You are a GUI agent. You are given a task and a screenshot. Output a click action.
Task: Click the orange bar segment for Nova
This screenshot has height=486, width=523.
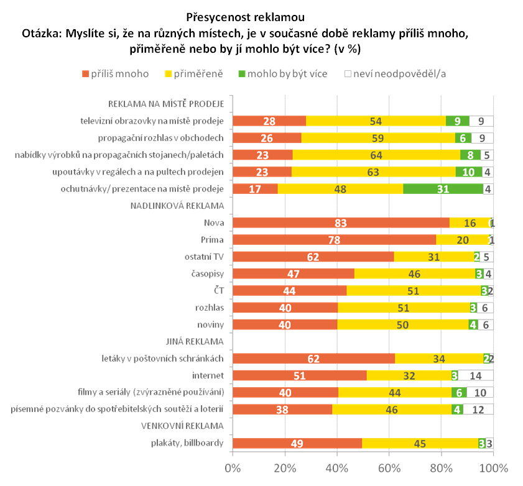[x=341, y=222]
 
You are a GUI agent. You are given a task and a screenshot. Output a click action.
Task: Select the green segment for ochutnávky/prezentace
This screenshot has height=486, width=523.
[x=443, y=189]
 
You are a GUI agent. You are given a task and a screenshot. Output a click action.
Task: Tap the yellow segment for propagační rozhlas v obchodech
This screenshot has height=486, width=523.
[x=378, y=138]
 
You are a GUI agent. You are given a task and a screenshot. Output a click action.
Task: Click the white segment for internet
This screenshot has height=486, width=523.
[x=476, y=375]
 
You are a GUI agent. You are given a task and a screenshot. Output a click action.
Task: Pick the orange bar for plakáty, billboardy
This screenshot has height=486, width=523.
[x=297, y=443]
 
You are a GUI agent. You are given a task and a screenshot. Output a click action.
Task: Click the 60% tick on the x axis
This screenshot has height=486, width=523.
[x=389, y=467]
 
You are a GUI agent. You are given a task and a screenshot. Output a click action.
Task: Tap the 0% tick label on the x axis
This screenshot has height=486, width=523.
[x=233, y=467]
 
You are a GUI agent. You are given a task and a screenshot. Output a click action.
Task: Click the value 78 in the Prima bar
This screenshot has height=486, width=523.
[x=334, y=240]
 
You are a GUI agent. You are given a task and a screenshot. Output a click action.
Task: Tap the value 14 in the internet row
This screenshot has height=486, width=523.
[x=476, y=375]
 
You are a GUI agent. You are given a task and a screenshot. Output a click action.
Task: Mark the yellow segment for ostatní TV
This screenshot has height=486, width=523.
[x=434, y=257]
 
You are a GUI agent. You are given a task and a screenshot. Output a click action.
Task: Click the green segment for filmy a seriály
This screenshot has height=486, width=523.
[x=459, y=392]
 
